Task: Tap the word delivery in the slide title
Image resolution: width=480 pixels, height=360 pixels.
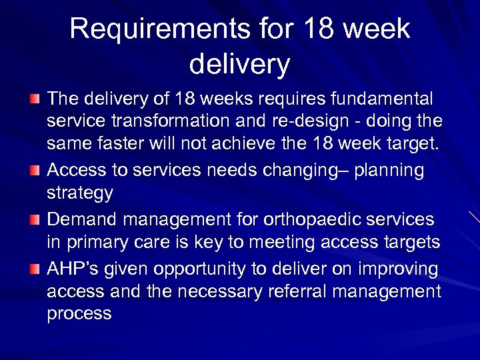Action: click(239, 64)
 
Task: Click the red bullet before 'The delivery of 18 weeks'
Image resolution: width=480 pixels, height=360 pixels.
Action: click(35, 99)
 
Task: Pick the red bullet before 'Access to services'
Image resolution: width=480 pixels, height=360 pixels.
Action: click(35, 171)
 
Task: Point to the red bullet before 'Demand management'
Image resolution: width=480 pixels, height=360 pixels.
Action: click(35, 220)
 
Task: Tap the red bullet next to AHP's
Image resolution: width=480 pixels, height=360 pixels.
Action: click(35, 269)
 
